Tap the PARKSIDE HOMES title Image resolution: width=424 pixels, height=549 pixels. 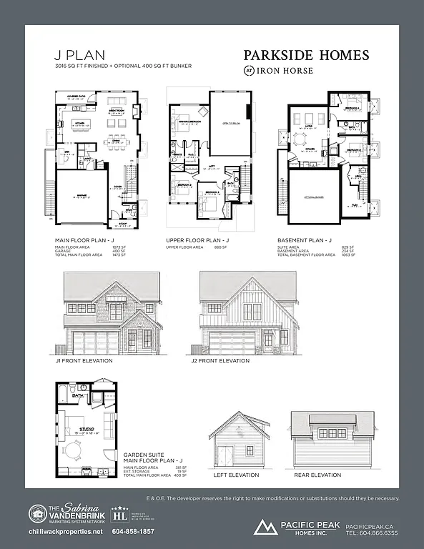click(x=306, y=55)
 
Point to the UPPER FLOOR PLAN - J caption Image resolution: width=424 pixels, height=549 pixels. click(x=197, y=241)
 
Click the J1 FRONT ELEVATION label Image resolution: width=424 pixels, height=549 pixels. click(x=84, y=361)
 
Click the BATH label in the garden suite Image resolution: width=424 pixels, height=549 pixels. click(x=79, y=395)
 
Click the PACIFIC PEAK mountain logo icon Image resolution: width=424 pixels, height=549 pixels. click(x=265, y=528)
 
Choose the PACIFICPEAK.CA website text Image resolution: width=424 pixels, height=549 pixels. click(x=370, y=525)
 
